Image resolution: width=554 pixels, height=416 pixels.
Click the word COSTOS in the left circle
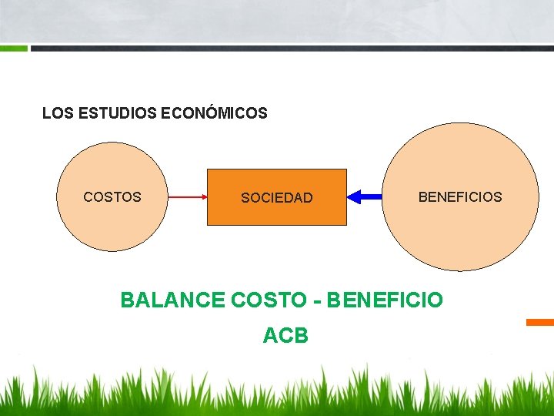[112, 197]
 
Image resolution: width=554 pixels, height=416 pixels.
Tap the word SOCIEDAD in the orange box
[277, 198]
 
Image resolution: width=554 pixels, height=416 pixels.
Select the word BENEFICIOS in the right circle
[459, 197]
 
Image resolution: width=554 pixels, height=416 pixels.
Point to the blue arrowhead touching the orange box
[353, 197]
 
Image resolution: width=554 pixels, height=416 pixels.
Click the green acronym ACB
[285, 336]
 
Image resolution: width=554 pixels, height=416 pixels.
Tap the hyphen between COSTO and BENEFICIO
[317, 300]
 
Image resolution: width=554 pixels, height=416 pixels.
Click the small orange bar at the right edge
[540, 322]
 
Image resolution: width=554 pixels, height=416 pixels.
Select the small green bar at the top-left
[14, 48]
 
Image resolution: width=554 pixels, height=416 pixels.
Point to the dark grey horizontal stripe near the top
[292, 48]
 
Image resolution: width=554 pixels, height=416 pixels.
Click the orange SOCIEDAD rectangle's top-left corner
[208, 169]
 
